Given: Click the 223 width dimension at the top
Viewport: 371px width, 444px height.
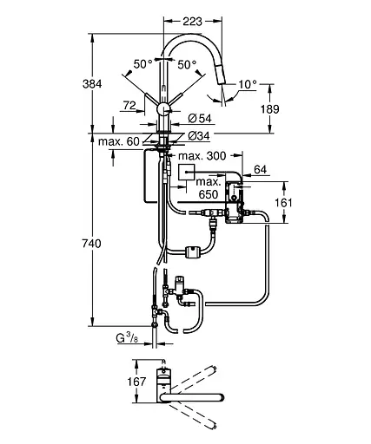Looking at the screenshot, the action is [x=192, y=22].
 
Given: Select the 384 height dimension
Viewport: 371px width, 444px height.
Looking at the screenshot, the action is [x=92, y=84].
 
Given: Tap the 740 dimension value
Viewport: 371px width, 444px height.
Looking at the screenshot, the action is [x=91, y=244].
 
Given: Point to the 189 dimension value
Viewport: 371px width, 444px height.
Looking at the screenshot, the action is [x=269, y=109].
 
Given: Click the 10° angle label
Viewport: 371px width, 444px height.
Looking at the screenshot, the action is [x=248, y=84].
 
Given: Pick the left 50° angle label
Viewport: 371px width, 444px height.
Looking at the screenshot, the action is [x=142, y=64].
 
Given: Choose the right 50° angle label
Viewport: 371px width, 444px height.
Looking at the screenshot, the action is [x=187, y=65].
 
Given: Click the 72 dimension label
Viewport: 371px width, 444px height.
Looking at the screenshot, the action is [x=129, y=106].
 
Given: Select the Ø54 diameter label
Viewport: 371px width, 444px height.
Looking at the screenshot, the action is [x=200, y=118].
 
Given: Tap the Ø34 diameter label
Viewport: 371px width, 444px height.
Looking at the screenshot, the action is [x=199, y=136].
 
